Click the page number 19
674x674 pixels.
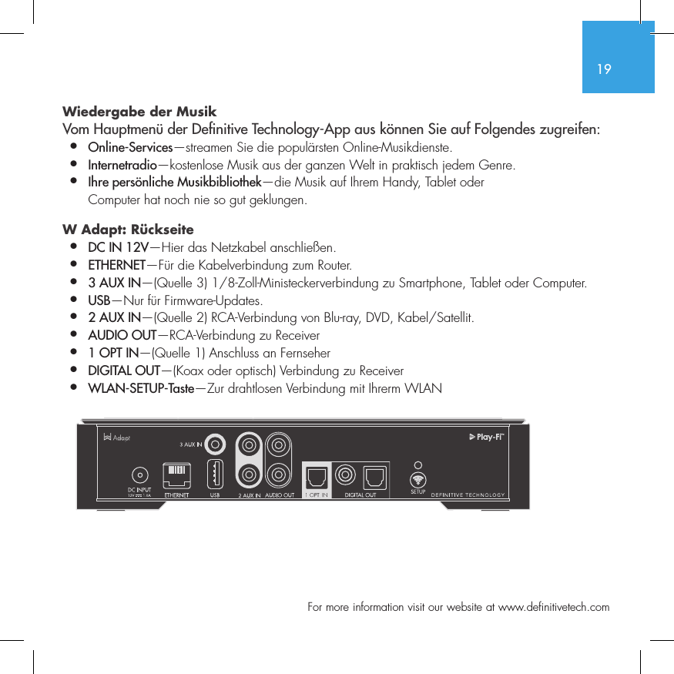(604, 69)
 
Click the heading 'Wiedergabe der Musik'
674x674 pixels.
(139, 112)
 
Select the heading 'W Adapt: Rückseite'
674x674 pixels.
(128, 230)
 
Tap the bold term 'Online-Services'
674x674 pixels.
(130, 147)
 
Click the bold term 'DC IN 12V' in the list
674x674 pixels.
(119, 248)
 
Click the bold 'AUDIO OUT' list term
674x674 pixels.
(122, 336)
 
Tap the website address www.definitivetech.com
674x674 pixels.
(554, 607)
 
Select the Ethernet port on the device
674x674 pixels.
(177, 474)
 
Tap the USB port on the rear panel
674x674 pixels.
(216, 474)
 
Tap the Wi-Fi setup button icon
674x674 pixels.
(418, 478)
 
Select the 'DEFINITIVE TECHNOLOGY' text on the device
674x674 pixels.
(468, 495)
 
